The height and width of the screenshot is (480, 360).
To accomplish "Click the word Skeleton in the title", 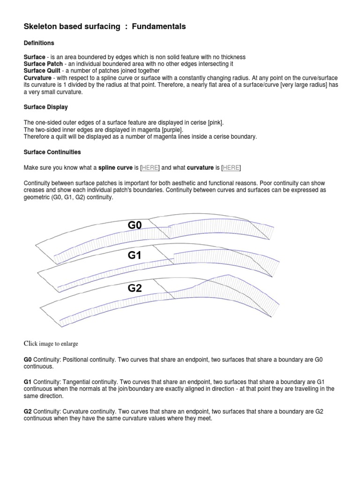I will coord(41,27).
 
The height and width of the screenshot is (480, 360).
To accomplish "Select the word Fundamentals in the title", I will coord(159,27).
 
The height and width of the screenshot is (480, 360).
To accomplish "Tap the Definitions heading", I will coord(39,43).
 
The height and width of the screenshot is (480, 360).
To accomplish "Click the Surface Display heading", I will coord(45,107).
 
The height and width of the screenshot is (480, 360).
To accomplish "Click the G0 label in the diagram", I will coord(135,225).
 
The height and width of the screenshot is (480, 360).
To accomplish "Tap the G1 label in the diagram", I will coord(135,255).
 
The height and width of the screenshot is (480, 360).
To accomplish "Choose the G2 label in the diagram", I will coord(135,288).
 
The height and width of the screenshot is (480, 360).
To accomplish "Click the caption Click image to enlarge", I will coord(51,344).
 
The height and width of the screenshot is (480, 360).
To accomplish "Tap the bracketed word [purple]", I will coord(172,129).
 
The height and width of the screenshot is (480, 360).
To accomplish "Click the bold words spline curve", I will coord(116,168).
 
